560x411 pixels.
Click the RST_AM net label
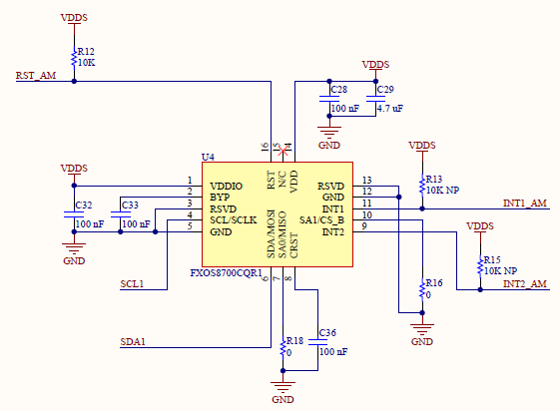[x=36, y=76]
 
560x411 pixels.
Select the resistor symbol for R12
[x=74, y=58]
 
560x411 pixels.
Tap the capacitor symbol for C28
[x=329, y=99]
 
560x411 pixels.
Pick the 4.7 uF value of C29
[x=390, y=109]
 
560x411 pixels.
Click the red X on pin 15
[x=282, y=151]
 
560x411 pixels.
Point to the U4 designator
[x=208, y=157]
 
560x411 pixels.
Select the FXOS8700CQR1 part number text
[x=226, y=273]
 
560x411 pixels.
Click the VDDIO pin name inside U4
[x=226, y=187]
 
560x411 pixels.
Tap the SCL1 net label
[x=132, y=284]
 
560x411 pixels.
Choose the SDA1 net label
[x=133, y=342]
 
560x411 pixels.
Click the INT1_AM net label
[x=525, y=204]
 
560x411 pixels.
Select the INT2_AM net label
[x=525, y=284]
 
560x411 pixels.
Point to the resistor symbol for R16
[x=422, y=289]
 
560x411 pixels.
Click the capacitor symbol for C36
[x=317, y=342]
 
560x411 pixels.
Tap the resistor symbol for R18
[x=282, y=346]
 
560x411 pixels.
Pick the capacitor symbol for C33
[x=121, y=214]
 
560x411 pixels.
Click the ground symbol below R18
[x=282, y=387]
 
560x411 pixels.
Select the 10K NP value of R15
[x=500, y=270]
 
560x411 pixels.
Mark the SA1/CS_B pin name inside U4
[x=321, y=220]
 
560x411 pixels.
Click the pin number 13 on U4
[x=366, y=181]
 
